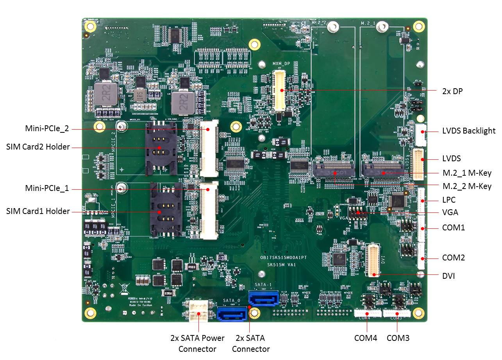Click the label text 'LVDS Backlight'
(469, 131)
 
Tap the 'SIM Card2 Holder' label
(38, 147)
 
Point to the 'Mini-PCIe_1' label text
(47, 189)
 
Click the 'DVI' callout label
(448, 276)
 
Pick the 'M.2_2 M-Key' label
(467, 186)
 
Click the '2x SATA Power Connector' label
(197, 343)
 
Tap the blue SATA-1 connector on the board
(263, 299)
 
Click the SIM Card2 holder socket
(159, 148)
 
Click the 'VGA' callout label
(450, 213)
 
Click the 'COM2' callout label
(453, 258)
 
